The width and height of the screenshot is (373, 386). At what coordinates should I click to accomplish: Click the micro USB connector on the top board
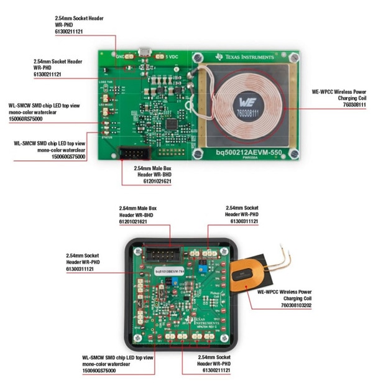tap(145, 52)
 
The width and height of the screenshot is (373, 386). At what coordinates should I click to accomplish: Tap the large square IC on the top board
tap(170, 122)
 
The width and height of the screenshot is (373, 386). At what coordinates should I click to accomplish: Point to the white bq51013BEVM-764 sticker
tap(170, 272)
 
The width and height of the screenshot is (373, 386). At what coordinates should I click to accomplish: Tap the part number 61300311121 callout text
tap(242, 221)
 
